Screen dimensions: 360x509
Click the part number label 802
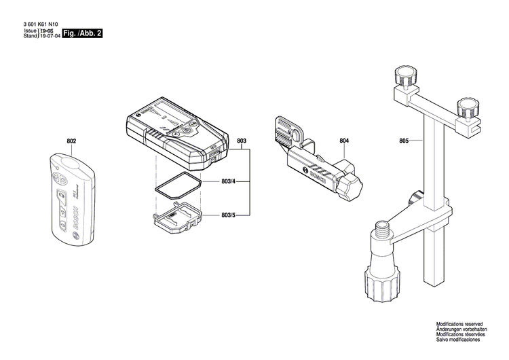coord(72,141)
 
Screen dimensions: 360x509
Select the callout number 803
coord(242,141)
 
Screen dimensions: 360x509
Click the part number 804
coord(344,141)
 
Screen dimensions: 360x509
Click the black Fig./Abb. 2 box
coord(82,34)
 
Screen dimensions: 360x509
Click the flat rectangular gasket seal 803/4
coord(174,184)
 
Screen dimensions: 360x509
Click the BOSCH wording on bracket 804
coord(316,176)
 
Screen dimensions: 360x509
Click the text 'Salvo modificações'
coord(458,348)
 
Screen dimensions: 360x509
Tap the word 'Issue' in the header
coord(30,31)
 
